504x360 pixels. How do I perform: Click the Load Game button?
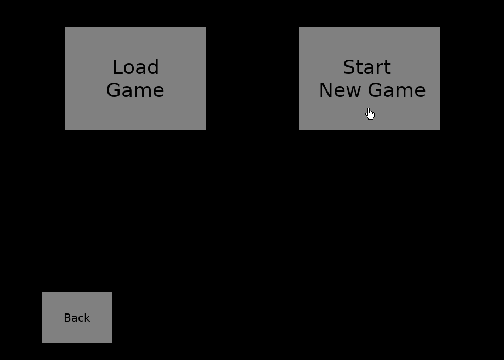135,79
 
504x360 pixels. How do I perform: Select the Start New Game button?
370,79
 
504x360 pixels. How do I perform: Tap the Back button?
77,317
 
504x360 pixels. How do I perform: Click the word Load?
135,67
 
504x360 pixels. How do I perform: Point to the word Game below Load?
135,90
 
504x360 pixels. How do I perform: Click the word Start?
367,67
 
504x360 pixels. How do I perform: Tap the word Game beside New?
397,90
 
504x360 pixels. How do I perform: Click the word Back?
77,318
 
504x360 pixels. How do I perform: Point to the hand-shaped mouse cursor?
370,114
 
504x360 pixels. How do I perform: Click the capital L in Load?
118,67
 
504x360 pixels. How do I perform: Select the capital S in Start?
349,67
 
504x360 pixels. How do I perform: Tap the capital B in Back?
67,318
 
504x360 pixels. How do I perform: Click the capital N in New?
326,90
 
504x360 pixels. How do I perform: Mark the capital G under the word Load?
113,90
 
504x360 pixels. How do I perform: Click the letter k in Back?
87,318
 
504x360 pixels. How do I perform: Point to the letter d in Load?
153,67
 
